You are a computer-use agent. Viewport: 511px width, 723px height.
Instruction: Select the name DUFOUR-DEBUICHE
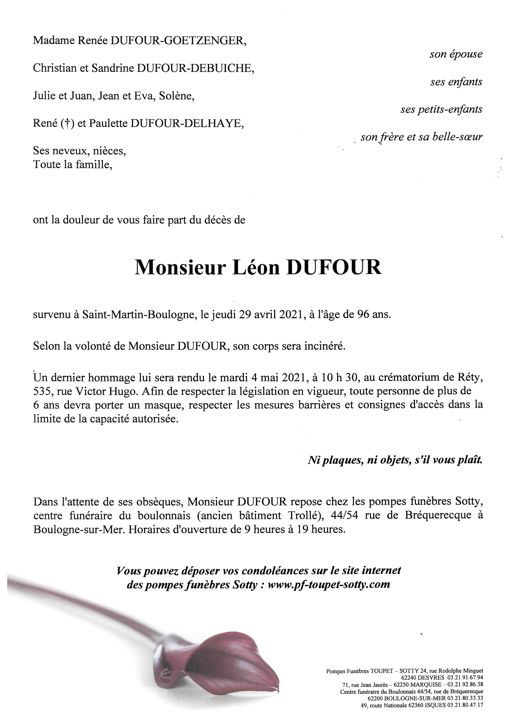click(x=195, y=68)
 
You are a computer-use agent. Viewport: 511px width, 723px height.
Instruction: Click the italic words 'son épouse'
click(x=456, y=54)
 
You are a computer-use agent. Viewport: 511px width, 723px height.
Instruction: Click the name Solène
click(x=177, y=96)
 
